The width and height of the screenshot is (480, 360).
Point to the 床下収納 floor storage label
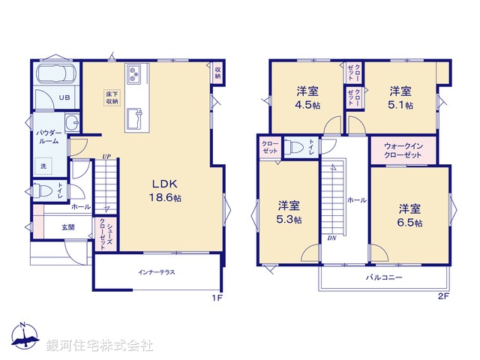(x=112, y=96)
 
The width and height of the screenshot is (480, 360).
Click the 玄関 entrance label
(x=68, y=226)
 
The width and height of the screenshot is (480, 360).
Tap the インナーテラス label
(x=156, y=271)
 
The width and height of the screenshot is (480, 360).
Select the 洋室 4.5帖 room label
(x=307, y=98)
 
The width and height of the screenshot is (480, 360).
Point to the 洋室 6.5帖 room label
(x=409, y=214)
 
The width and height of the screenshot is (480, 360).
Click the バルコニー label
(x=384, y=277)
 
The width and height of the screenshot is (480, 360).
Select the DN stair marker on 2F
(x=331, y=238)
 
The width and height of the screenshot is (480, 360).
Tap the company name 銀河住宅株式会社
(x=100, y=345)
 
